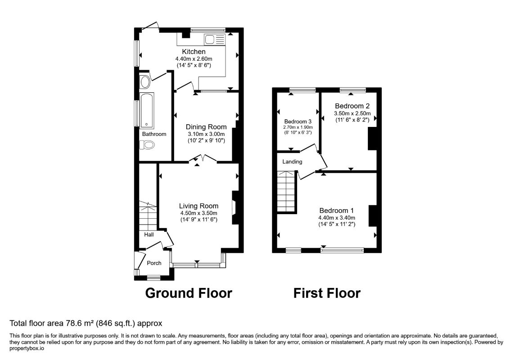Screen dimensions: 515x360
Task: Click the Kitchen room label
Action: pos(194,51)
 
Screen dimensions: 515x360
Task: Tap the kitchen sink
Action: pos(214,40)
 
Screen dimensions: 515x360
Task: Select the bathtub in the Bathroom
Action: pos(147,110)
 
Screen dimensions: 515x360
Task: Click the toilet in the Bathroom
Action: pos(147,145)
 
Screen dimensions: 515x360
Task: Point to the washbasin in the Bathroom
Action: pos(145,82)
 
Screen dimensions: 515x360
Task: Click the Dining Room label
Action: pos(206,127)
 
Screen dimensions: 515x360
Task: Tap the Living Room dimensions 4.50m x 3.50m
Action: pos(199,213)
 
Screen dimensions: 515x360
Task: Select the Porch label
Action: pos(154,263)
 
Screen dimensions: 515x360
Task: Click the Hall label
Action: pos(149,234)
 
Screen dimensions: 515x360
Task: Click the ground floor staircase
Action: pos(148,216)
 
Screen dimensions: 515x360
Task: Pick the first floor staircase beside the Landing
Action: pos(286,192)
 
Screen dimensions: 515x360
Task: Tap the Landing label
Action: pos(292,162)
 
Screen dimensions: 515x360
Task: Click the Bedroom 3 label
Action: pos(298,121)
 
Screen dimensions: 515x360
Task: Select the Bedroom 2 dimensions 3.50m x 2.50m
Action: pos(352,113)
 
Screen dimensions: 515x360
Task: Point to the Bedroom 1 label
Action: pos(337,211)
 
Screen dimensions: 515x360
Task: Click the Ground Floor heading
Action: pos(189,293)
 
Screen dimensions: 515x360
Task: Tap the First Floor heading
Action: pos(327,293)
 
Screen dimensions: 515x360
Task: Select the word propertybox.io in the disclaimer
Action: pos(27,348)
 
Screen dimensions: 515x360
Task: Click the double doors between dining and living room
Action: pos(203,158)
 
